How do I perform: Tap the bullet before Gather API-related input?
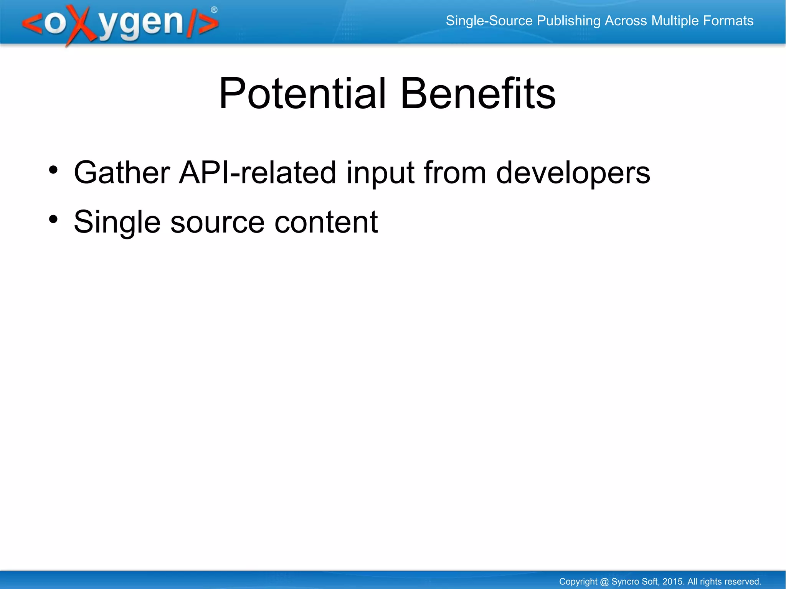coord(53,170)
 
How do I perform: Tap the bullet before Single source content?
coord(53,219)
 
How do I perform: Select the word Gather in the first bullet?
coord(122,173)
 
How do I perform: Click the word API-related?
coord(258,173)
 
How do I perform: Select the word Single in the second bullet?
coord(117,223)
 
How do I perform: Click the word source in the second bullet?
coord(217,223)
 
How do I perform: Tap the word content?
coord(326,223)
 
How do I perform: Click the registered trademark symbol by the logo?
coord(214,10)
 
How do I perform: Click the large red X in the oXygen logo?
coord(79,25)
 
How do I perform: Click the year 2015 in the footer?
coord(673,581)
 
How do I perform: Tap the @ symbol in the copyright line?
coord(604,581)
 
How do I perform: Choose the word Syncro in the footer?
coord(624,581)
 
